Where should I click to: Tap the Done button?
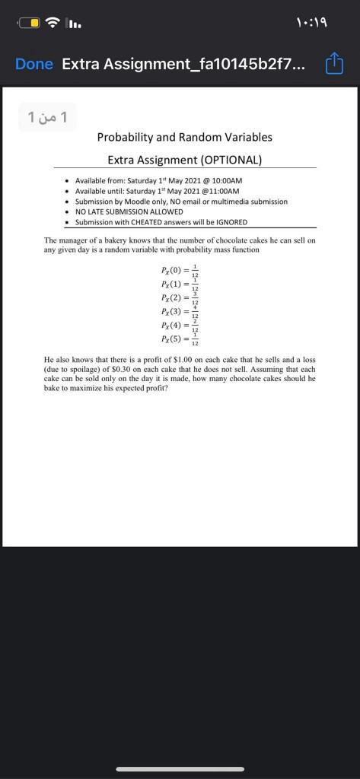tap(34, 65)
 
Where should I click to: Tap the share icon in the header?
tap(335, 64)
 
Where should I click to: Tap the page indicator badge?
tap(48, 117)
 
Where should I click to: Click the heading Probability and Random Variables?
tap(184, 138)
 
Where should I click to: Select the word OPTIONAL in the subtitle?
tap(231, 161)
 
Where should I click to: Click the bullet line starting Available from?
tap(158, 180)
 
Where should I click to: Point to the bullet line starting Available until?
tap(157, 191)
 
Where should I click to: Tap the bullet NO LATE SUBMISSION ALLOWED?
tap(129, 211)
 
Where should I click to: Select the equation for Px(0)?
tap(180, 270)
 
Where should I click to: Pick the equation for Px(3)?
tap(180, 311)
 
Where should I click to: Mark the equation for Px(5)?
tap(180, 339)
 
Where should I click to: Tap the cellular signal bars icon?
tap(75, 23)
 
